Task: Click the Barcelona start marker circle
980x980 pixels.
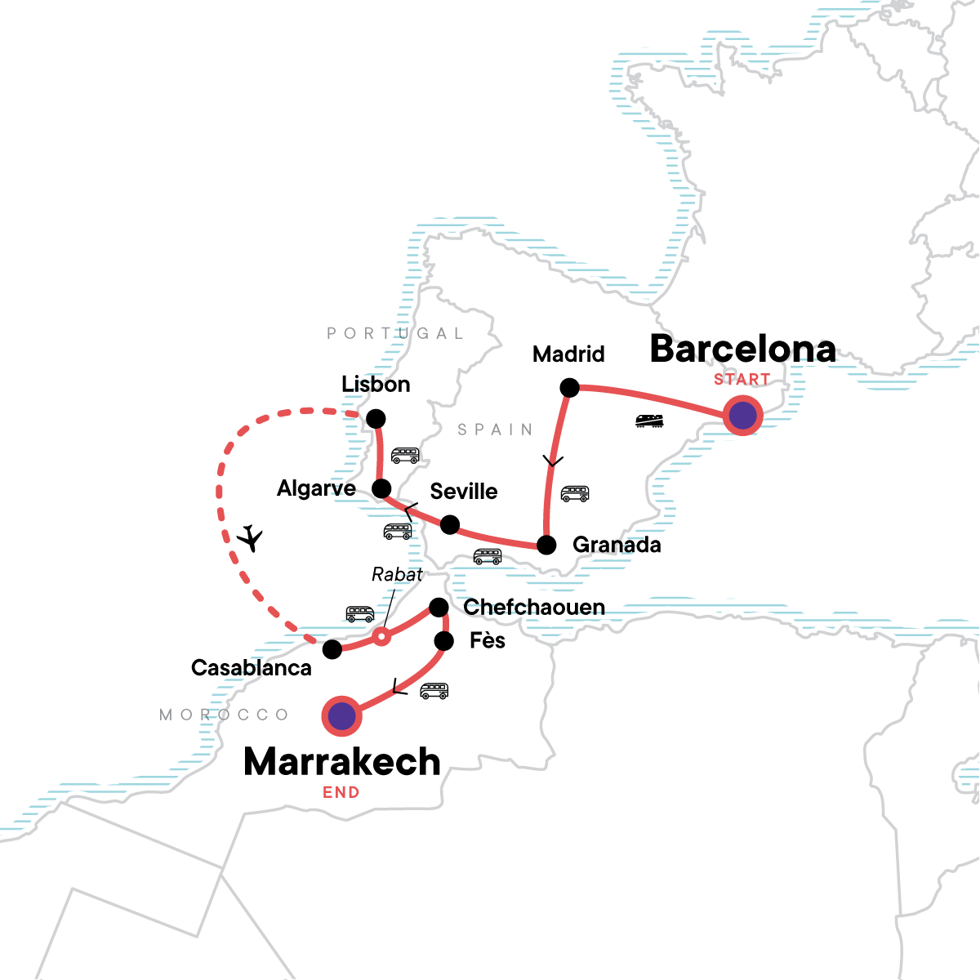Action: tap(742, 416)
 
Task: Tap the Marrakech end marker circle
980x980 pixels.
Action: tap(342, 716)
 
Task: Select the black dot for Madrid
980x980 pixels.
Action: tap(569, 388)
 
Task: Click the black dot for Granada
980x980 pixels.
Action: tap(546, 545)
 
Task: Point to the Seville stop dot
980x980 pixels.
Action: tap(450, 524)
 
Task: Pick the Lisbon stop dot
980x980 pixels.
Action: tap(376, 419)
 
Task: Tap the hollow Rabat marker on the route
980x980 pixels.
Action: tap(381, 637)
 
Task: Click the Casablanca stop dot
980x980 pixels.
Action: tap(332, 649)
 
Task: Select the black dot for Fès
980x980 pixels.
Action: tap(443, 641)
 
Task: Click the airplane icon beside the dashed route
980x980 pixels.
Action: tap(251, 538)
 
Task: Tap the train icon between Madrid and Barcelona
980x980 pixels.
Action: tap(650, 421)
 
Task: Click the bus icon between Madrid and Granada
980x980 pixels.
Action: tap(575, 493)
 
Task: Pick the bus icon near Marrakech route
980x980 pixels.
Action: tap(434, 691)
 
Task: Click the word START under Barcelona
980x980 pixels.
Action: tap(742, 380)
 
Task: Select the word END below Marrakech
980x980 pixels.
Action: tap(341, 792)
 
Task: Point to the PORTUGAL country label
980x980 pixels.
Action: tap(395, 333)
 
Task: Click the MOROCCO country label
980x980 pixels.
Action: tap(225, 715)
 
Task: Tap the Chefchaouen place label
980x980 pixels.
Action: tap(534, 607)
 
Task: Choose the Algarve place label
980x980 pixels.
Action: tap(316, 488)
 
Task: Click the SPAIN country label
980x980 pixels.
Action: tap(495, 430)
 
